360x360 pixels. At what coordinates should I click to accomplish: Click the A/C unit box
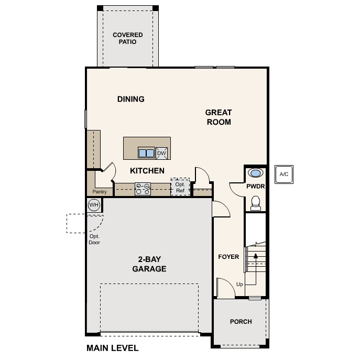click(283, 174)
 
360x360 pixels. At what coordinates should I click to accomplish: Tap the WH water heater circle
click(94, 205)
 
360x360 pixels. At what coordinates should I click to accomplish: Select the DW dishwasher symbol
click(161, 153)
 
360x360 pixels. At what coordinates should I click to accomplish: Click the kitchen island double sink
click(146, 153)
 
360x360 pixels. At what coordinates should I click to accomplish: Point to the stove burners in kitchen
click(143, 189)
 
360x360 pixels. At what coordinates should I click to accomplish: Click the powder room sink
click(256, 173)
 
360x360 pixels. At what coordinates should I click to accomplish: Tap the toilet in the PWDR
click(256, 202)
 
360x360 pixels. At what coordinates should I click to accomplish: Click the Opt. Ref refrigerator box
click(180, 187)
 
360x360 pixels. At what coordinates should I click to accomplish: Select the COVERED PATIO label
click(128, 38)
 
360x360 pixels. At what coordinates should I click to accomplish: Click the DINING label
click(130, 99)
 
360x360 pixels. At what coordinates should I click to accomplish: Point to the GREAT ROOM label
click(218, 117)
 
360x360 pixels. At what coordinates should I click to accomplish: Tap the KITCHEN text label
click(147, 171)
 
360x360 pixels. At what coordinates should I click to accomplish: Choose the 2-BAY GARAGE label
click(149, 264)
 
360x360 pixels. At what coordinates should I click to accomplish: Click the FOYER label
click(228, 257)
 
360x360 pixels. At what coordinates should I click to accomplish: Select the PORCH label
click(241, 322)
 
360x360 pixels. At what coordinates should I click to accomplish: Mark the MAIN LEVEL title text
click(112, 348)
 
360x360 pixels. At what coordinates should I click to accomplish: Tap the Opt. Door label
click(94, 239)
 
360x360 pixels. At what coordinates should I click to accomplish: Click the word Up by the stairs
click(240, 285)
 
